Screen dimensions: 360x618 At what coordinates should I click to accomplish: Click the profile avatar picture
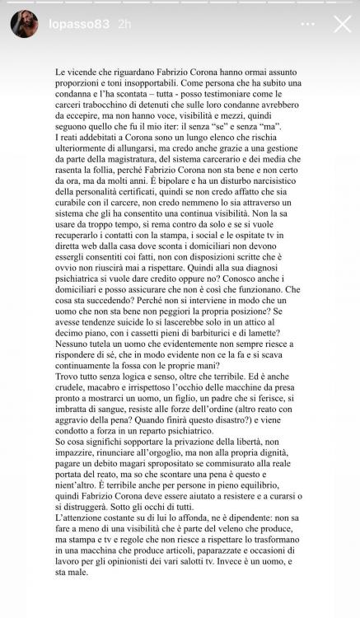[x=24, y=24]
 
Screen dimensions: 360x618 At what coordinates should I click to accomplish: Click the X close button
[x=340, y=24]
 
